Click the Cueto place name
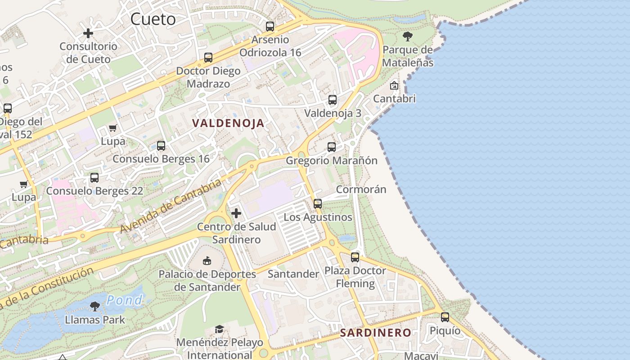click(153, 19)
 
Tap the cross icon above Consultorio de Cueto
click(88, 33)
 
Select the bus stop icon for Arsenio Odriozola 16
click(270, 27)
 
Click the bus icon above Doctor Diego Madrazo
click(208, 58)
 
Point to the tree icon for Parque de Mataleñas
click(408, 36)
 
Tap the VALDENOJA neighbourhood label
click(228, 123)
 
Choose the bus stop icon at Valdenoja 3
click(333, 100)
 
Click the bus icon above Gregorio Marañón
click(332, 147)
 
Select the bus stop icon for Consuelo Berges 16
click(161, 146)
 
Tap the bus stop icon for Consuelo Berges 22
click(94, 178)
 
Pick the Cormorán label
click(361, 189)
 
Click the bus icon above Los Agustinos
click(318, 204)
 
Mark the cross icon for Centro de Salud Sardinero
click(236, 213)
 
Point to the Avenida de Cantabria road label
click(171, 207)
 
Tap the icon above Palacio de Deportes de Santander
click(207, 261)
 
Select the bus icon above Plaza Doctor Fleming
click(355, 257)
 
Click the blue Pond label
click(125, 300)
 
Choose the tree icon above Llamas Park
click(95, 306)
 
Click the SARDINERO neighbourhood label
click(375, 333)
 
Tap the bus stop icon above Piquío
click(445, 317)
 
